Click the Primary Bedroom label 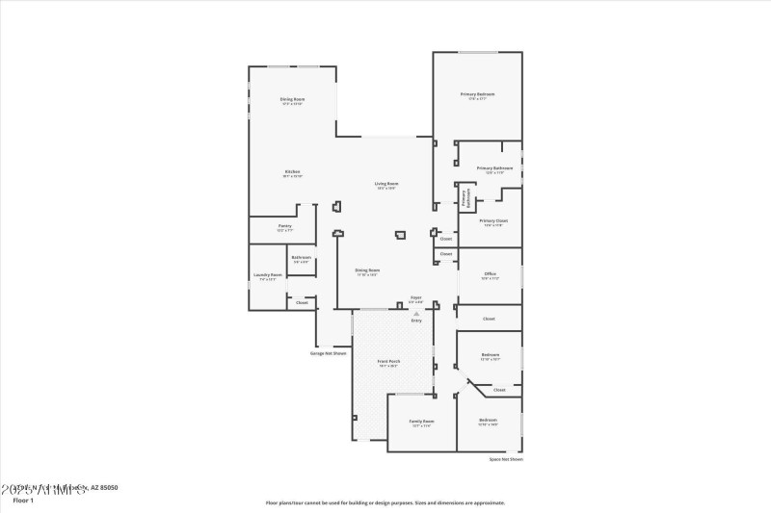(x=477, y=94)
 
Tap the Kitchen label (x=292, y=172)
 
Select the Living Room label (x=386, y=184)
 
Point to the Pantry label (x=284, y=226)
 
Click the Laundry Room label (x=267, y=275)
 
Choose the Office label (x=490, y=274)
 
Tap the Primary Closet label (x=494, y=220)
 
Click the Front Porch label (x=389, y=362)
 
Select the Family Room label (x=421, y=422)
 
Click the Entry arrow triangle (x=416, y=313)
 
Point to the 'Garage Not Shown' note (x=328, y=353)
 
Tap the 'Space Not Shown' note (x=506, y=460)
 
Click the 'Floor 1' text (x=23, y=500)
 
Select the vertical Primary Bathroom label (x=465, y=197)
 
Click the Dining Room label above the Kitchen (x=292, y=100)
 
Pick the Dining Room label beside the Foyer (x=367, y=270)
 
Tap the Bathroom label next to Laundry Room (x=302, y=257)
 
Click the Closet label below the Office (x=489, y=319)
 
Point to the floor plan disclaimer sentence (x=385, y=501)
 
